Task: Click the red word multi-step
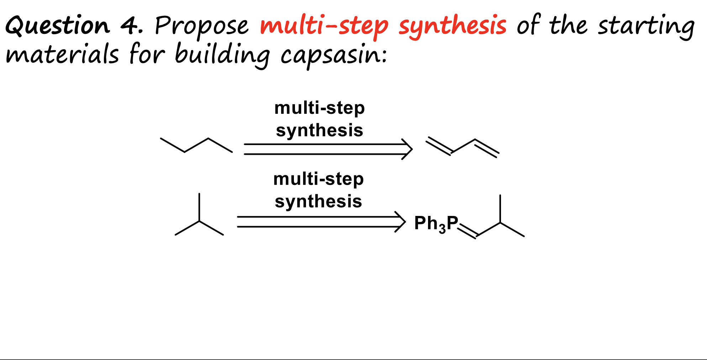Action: (x=324, y=26)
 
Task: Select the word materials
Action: (x=62, y=55)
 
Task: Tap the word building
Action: (x=222, y=55)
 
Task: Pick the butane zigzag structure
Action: (x=196, y=145)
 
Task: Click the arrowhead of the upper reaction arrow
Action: (x=408, y=149)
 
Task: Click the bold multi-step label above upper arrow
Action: (x=320, y=108)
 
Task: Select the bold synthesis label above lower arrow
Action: (x=318, y=201)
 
